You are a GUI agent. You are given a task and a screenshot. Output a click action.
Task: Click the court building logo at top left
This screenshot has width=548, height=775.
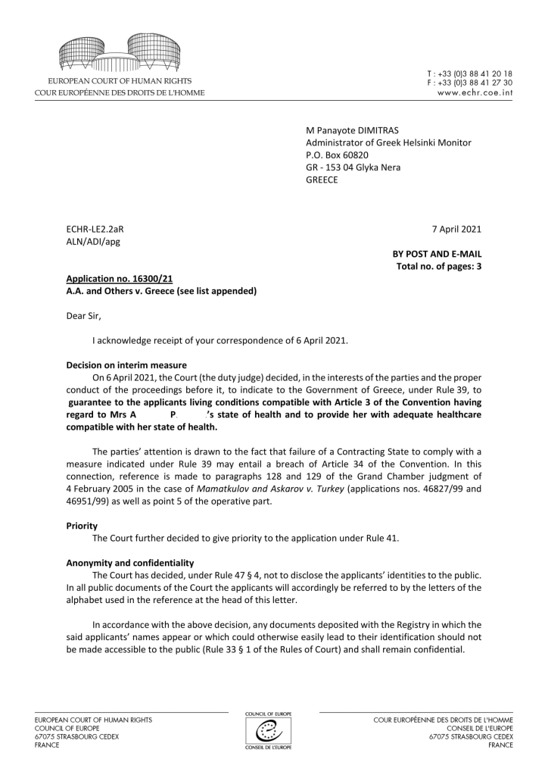(120, 52)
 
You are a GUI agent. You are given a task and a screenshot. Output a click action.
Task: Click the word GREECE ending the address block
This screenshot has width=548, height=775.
(322, 180)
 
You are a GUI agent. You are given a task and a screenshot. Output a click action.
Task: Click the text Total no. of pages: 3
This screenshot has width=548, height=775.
(439, 267)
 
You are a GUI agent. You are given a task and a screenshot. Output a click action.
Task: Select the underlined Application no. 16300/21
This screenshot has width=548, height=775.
(114, 279)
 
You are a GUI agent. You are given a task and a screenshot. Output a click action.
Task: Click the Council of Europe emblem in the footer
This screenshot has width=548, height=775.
(274, 730)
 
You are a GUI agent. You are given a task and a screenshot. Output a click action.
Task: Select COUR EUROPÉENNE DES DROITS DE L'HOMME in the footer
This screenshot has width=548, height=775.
(443, 720)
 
